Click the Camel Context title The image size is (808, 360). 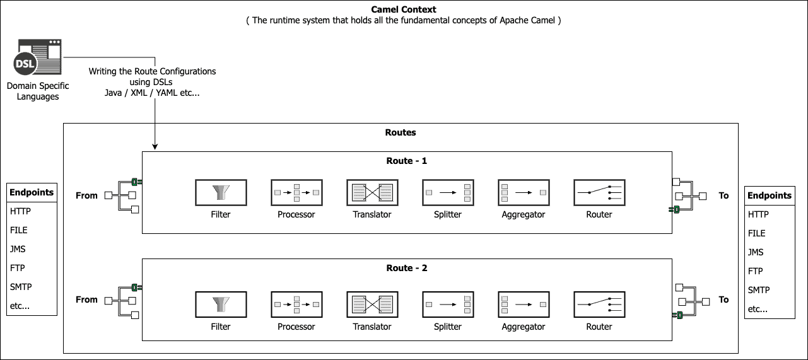click(404, 9)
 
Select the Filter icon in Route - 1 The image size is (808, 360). click(221, 192)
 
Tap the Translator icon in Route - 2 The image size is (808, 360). click(372, 305)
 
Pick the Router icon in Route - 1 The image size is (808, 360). click(599, 192)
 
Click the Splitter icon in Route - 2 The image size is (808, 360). click(448, 305)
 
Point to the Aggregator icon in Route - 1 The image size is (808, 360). click(524, 192)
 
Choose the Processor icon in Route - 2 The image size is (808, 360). click(296, 305)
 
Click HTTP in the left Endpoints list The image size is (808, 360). click(20, 211)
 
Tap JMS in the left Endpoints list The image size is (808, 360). click(18, 249)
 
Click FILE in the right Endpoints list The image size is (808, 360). click(758, 233)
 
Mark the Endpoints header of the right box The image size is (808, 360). click(770, 195)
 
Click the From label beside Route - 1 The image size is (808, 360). click(86, 195)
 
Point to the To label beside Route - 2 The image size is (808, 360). click(723, 299)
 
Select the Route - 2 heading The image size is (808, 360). click(406, 268)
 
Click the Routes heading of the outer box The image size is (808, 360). click(401, 132)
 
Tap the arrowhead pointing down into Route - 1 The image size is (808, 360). click(155, 147)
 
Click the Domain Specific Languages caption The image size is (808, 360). click(38, 91)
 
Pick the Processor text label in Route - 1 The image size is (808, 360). click(296, 214)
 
